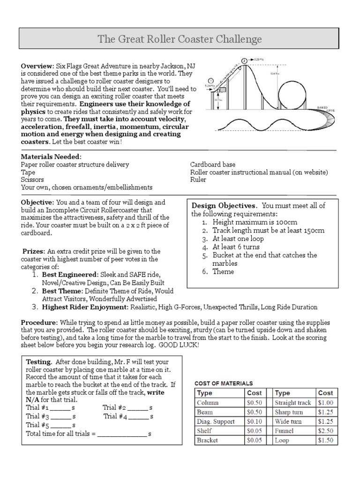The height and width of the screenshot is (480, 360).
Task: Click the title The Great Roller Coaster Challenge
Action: coord(180,38)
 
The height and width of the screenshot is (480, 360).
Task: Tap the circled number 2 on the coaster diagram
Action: coord(244,60)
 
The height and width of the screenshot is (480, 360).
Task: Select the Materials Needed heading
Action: coord(51,156)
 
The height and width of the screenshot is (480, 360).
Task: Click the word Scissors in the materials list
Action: coord(32,180)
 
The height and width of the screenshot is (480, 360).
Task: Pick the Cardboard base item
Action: coord(212,165)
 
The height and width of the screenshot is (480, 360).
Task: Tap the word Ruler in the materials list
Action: coord(198,180)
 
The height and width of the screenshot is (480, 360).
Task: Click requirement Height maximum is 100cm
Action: coord(255,222)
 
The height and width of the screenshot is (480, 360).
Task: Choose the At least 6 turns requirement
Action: coord(236,247)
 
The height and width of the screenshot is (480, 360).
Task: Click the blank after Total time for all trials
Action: coord(121,434)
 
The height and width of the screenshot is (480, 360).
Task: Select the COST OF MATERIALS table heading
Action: coord(224,383)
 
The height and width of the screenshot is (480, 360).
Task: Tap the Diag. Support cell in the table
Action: coord(216,421)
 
